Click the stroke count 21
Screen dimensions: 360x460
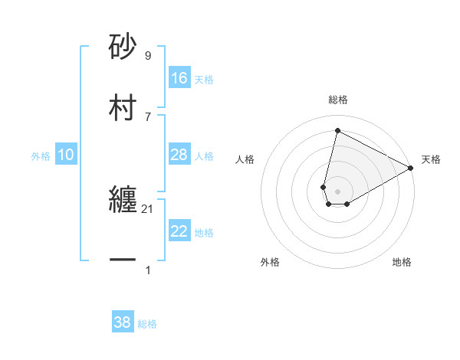pyautogui.click(x=147, y=209)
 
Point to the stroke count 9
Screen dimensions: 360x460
pyautogui.click(x=147, y=56)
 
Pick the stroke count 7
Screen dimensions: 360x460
pyautogui.click(x=147, y=116)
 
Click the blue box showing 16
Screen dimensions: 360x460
pyautogui.click(x=179, y=77)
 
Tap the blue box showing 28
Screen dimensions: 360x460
pyautogui.click(x=179, y=155)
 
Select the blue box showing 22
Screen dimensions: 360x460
pyautogui.click(x=179, y=232)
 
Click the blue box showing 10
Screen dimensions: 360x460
pyautogui.click(x=66, y=155)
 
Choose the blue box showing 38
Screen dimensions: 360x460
pyautogui.click(x=123, y=322)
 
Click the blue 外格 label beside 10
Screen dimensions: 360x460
pyautogui.click(x=41, y=155)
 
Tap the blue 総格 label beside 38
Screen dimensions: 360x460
pyautogui.click(x=147, y=324)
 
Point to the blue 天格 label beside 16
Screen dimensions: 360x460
pyautogui.click(x=203, y=79)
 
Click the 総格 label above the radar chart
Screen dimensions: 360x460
pyautogui.click(x=338, y=100)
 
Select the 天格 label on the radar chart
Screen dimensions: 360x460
pyautogui.click(x=432, y=159)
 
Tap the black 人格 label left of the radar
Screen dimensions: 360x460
pyautogui.click(x=245, y=159)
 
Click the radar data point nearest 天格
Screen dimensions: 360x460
pyautogui.click(x=411, y=169)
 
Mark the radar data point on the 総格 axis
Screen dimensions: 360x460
pyautogui.click(x=337, y=131)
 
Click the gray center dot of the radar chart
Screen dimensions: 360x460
pyautogui.click(x=337, y=191)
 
